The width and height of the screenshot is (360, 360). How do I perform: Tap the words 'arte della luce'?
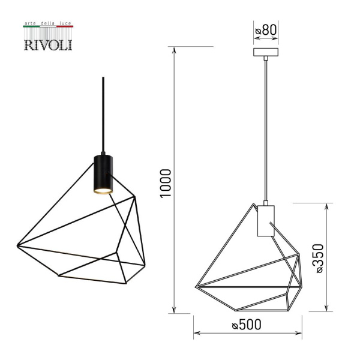tap(47, 24)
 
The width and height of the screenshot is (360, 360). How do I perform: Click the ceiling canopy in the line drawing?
tap(265, 53)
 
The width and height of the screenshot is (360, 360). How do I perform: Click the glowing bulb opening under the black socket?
tap(103, 191)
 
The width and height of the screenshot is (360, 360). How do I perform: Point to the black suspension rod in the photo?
tap(103, 114)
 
